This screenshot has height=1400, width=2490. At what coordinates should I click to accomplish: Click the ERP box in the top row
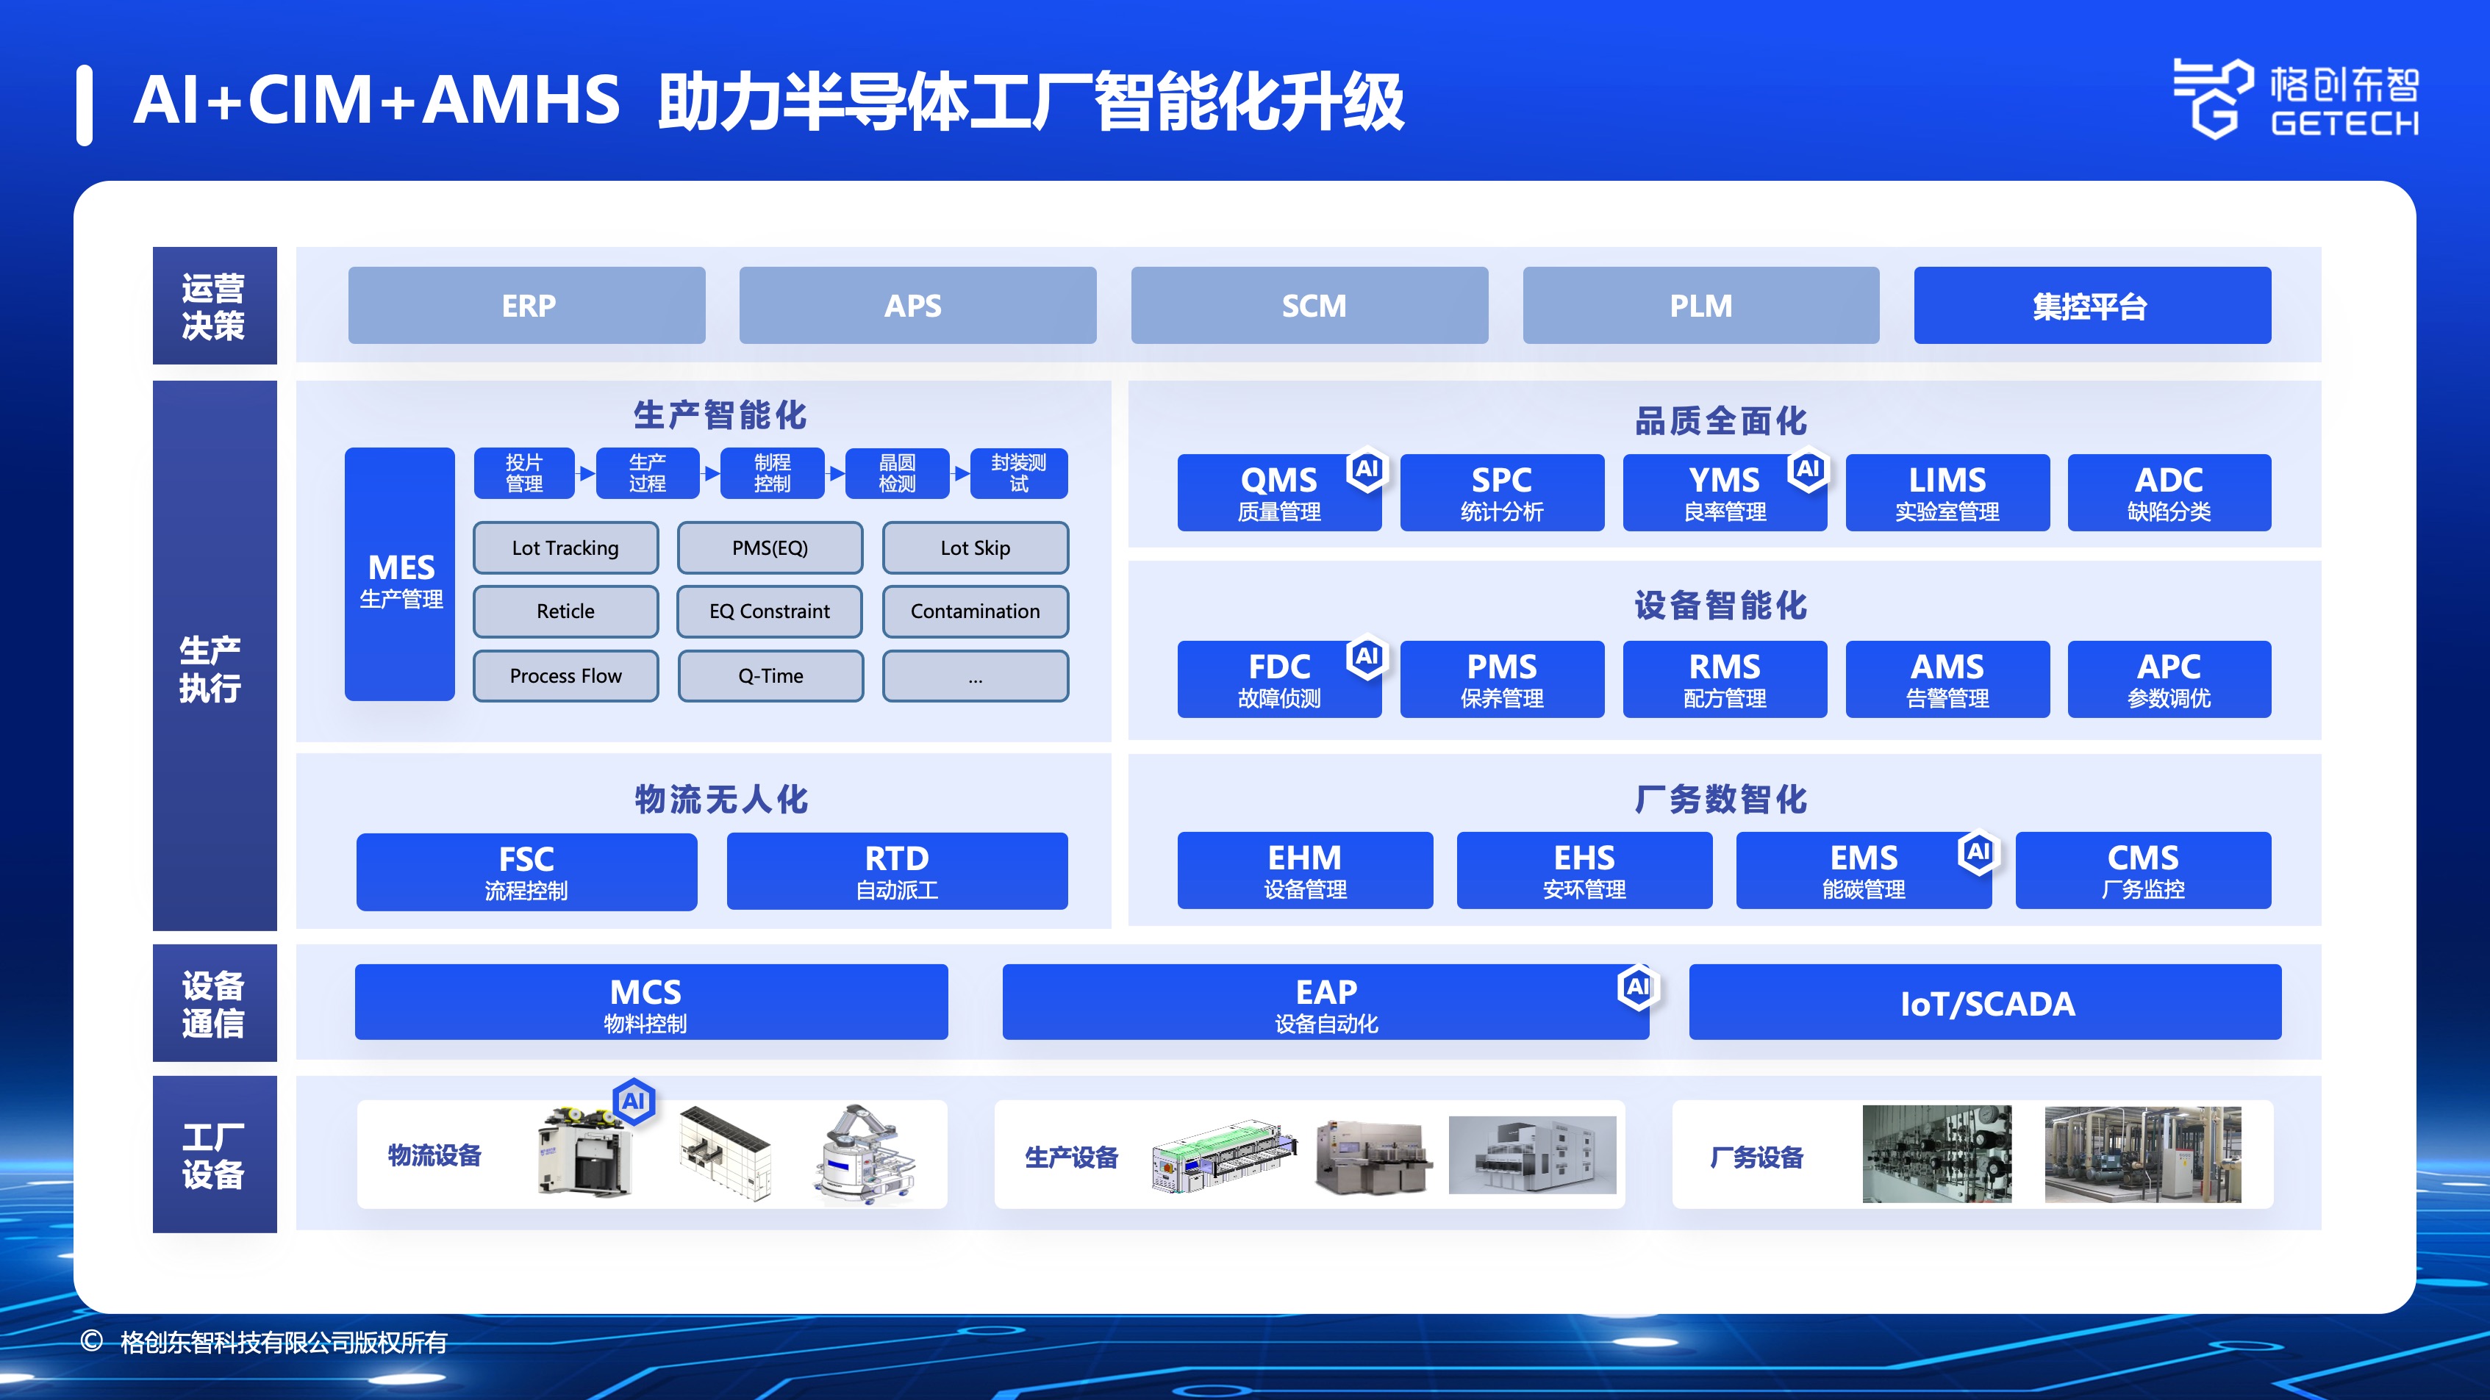coord(527,305)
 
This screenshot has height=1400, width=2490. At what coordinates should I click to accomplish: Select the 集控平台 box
coord(2092,305)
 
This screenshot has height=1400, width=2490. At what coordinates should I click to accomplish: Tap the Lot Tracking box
coord(565,548)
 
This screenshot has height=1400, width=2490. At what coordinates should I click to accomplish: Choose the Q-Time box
coord(770,675)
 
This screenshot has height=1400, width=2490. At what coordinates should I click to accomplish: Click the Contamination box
coord(976,611)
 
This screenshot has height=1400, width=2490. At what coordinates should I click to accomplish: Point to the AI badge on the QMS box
coord(1367,470)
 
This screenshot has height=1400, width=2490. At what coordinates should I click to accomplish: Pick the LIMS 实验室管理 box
coord(1947,492)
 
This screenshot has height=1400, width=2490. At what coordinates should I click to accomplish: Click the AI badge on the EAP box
coord(1637,988)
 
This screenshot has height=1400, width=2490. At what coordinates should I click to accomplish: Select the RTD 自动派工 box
coord(897,872)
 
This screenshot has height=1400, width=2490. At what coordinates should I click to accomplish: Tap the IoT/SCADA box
coord(1986,1003)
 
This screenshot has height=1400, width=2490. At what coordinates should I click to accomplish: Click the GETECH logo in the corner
coord(2296,98)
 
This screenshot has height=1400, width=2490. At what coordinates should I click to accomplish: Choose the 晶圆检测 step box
coord(897,473)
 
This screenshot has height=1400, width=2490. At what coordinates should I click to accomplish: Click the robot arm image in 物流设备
coord(863,1155)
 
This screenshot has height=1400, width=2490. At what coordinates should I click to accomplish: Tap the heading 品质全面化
coord(1720,421)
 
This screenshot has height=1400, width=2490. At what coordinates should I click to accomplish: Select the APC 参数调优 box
coord(2169,679)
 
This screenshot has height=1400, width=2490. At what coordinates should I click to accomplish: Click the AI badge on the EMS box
coord(1978,852)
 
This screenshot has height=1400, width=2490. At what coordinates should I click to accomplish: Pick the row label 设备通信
coord(214,1004)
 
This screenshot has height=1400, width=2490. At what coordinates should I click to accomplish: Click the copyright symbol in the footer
coord(92,1341)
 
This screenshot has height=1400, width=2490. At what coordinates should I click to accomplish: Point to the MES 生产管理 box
coord(400,574)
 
